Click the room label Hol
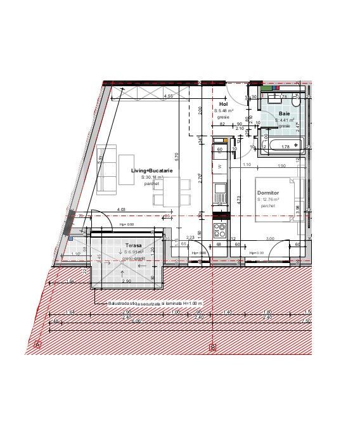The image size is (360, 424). coord(223,103)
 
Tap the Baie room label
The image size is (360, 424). coord(285,113)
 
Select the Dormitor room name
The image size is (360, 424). coord(268,192)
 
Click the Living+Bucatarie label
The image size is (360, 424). coord(152,170)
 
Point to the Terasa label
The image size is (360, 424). coord(133,245)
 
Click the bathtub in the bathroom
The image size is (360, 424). coord(285,146)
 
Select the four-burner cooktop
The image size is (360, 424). coord(221,228)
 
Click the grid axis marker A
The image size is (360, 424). coord(38,345)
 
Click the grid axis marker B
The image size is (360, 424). coord(212,347)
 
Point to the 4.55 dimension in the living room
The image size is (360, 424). coord(169,96)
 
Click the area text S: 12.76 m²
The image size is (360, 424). coord(268,199)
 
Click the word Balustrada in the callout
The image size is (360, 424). coord(120,304)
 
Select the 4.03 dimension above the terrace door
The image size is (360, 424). coord(121,210)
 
